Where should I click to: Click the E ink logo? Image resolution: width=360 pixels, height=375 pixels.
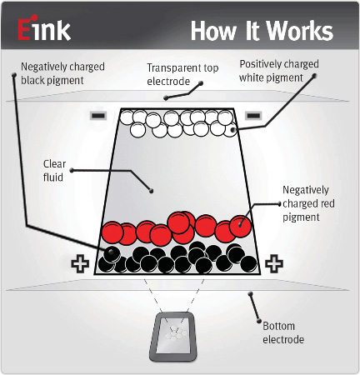44,27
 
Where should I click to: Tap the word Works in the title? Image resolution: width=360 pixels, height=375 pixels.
300,31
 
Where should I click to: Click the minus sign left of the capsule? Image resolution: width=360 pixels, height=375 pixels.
98,115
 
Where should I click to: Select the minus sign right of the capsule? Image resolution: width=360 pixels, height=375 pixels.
253,115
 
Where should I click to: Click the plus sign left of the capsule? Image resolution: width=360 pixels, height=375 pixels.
80,263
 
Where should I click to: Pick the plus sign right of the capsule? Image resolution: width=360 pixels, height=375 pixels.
274,263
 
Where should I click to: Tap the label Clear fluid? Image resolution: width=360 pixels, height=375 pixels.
54,171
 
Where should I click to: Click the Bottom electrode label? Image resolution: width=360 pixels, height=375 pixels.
283,332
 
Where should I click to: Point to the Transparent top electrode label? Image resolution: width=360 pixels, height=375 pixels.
182,74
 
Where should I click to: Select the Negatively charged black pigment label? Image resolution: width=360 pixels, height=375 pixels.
62,73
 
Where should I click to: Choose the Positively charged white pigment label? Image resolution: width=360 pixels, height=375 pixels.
279,71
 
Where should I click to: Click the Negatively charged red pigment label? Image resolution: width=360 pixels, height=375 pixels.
308,203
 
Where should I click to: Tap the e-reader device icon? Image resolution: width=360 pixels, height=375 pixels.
173,337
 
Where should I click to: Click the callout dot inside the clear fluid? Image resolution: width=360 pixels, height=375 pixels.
152,191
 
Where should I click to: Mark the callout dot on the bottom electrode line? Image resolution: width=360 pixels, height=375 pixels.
250,293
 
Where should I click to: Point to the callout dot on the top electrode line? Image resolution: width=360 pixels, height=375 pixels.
166,97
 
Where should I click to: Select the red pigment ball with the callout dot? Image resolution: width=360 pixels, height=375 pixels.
241,226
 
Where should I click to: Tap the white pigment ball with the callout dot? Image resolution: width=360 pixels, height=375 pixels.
230,130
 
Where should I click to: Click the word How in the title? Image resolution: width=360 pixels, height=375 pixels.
214,31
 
